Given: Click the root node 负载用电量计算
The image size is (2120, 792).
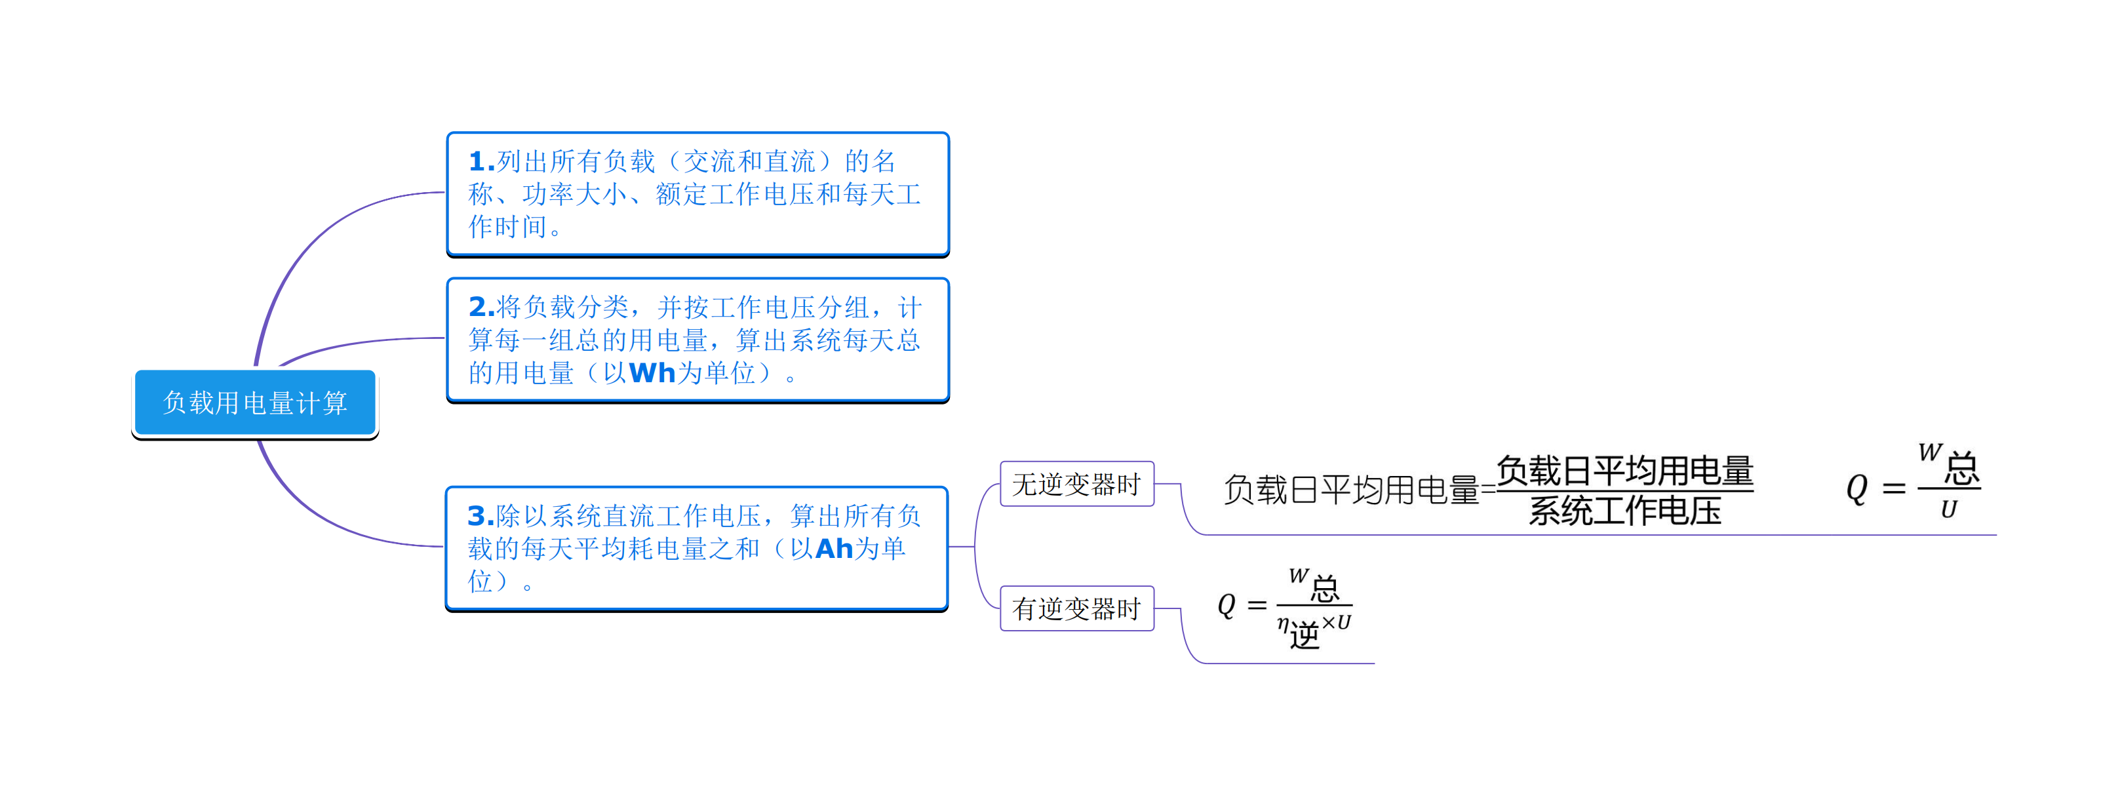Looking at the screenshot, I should point(254,403).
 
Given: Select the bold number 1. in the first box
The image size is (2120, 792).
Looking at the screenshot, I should point(481,161).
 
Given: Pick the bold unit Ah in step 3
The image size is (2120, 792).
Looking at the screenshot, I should point(834,548).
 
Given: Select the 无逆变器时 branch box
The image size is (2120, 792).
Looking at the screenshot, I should point(1076,484).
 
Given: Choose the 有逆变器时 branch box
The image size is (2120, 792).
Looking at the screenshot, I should point(1076,608).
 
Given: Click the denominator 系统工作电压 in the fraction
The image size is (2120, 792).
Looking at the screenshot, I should point(1624,511).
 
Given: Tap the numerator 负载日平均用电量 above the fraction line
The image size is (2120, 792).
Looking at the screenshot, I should point(1624,471).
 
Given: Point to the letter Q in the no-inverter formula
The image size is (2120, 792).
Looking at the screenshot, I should point(1856,488).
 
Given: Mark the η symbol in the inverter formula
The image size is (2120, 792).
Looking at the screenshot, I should point(1283,624).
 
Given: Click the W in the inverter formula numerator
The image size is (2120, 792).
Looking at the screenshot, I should point(1298,576).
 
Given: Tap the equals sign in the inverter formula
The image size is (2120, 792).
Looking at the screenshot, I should point(1257,606).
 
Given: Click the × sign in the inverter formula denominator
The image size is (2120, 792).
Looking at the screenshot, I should point(1328,624).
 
